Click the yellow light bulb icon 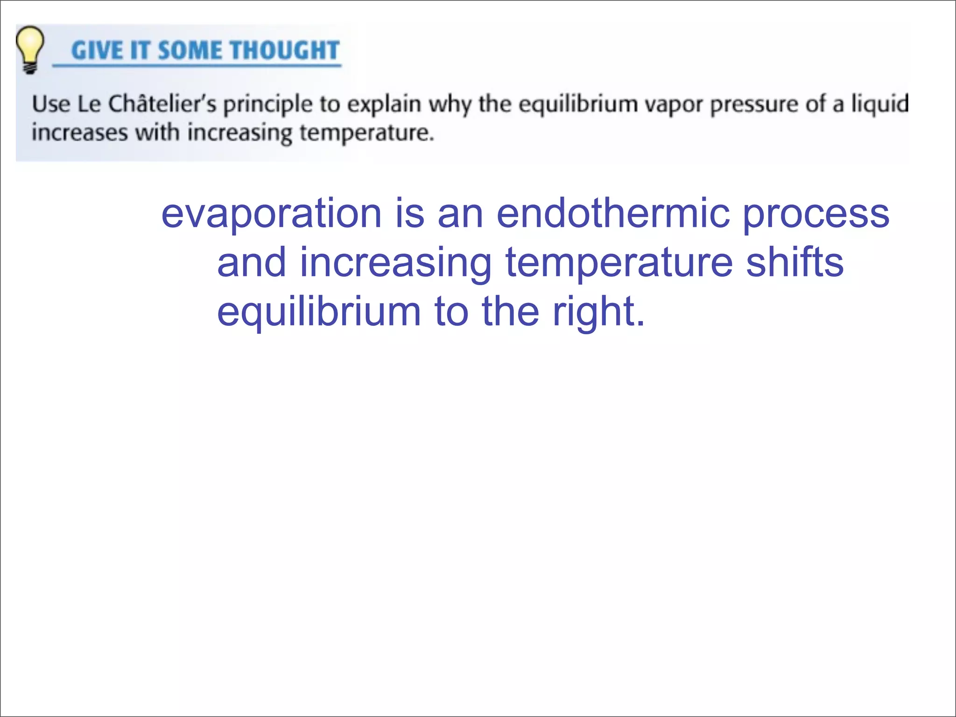pos(30,49)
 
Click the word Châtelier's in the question pos(162,104)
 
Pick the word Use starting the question pos(51,104)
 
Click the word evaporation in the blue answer pos(271,213)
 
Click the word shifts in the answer pos(794,262)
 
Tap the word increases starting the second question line pos(79,133)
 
